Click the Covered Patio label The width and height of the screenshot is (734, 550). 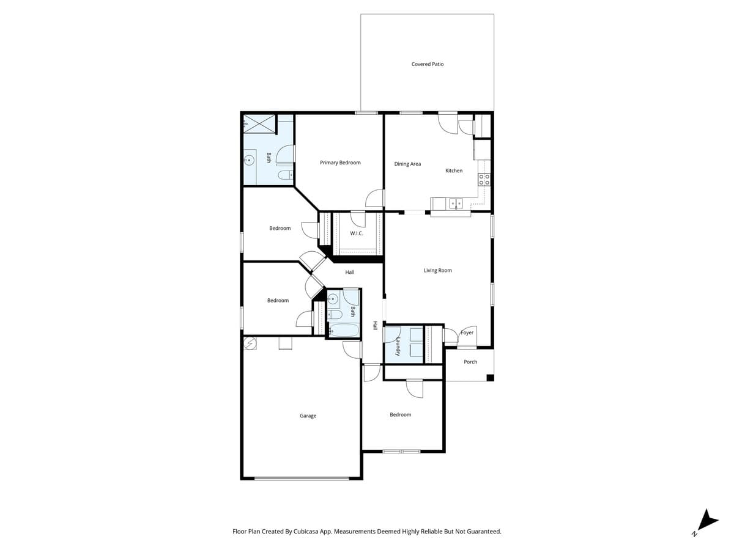pyautogui.click(x=428, y=64)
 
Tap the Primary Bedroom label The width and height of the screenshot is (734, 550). pyautogui.click(x=340, y=163)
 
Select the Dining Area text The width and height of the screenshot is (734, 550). pyautogui.click(x=407, y=164)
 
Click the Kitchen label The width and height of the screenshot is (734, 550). pyautogui.click(x=454, y=170)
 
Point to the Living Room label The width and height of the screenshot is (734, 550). pyautogui.click(x=438, y=270)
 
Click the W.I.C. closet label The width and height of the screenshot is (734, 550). pyautogui.click(x=357, y=233)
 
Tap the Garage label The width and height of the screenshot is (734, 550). pyautogui.click(x=308, y=416)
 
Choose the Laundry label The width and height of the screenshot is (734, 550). pyautogui.click(x=398, y=346)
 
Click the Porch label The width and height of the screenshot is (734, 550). pyautogui.click(x=470, y=362)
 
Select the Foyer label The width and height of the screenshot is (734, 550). pyautogui.click(x=467, y=332)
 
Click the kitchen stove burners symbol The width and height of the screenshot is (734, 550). pyautogui.click(x=484, y=180)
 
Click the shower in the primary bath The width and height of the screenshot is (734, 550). pyautogui.click(x=259, y=124)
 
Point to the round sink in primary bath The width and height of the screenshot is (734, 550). pyautogui.click(x=249, y=161)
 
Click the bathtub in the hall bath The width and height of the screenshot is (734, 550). pyautogui.click(x=343, y=331)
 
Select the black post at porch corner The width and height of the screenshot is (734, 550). pyautogui.click(x=490, y=378)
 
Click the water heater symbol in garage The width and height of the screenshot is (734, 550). pyautogui.click(x=251, y=343)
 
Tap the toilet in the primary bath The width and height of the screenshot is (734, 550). pyautogui.click(x=284, y=175)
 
